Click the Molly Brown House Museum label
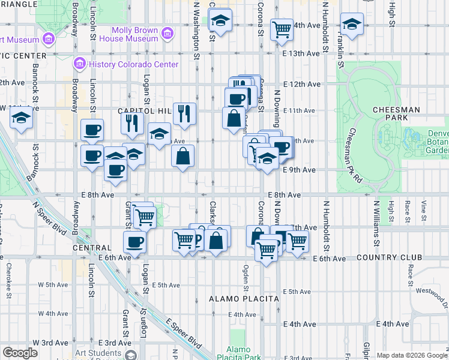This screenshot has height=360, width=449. pyautogui.click(x=134, y=34)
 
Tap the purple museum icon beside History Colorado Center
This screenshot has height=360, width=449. pyautogui.click(x=79, y=64)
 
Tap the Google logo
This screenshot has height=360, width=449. pyautogui.click(x=20, y=353)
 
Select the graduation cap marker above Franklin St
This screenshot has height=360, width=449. pyautogui.click(x=352, y=25)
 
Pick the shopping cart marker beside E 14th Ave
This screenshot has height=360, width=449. pyautogui.click(x=281, y=28)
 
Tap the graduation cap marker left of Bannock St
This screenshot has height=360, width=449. pyautogui.click(x=22, y=118)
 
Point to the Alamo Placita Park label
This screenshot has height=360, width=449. pyautogui.click(x=244, y=353)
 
